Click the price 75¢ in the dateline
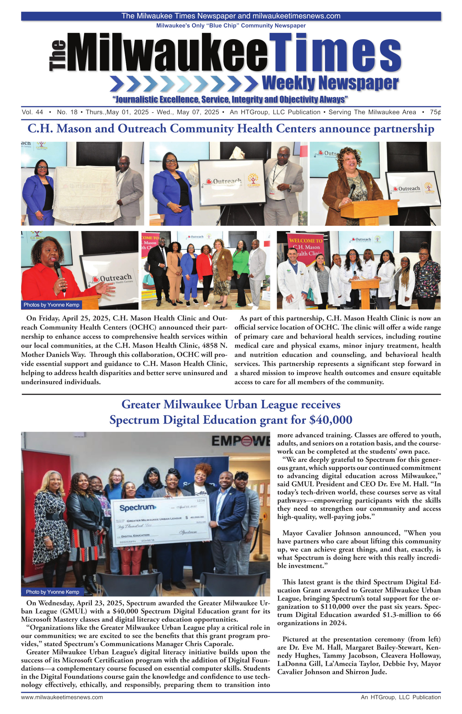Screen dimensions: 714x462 (435, 112)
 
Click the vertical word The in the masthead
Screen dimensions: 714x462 (57, 56)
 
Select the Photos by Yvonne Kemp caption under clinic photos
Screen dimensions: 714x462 (51, 305)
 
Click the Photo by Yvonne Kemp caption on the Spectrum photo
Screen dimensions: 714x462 (53, 592)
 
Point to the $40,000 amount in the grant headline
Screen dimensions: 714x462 (331, 420)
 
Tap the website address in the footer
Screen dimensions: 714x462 (62, 697)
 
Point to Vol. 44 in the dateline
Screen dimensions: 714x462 (32, 112)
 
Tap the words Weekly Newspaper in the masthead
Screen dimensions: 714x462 (330, 83)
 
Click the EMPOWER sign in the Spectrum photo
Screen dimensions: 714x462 (240, 441)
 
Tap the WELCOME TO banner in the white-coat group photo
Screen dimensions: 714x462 (305, 241)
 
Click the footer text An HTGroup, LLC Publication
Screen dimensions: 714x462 (400, 697)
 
